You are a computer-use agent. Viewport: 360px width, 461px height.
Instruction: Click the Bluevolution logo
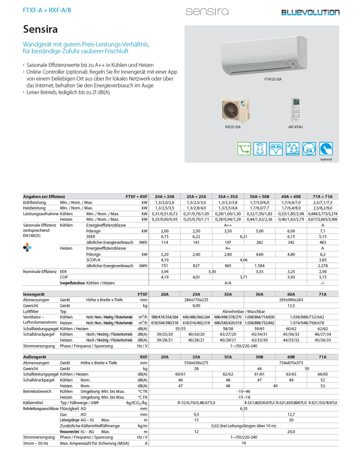pos(310,12)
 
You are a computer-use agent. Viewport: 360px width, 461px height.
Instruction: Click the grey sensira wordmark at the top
pos(207,12)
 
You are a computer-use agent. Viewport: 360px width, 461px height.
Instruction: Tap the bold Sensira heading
pos(40,29)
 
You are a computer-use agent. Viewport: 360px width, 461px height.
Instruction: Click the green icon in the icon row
pos(244,149)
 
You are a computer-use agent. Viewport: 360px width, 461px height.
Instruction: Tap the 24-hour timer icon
pos(309,149)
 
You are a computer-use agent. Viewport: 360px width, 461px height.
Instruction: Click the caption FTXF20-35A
pos(273,79)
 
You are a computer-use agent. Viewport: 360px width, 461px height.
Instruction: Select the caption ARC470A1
pos(295,127)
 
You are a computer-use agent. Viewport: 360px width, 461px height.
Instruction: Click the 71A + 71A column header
pos(323,196)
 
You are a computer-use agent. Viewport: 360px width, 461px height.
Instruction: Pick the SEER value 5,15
pos(323,237)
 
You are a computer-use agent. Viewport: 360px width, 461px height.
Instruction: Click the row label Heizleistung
pos(34,208)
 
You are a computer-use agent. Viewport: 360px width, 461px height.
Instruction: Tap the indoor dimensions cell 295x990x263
pos(291,300)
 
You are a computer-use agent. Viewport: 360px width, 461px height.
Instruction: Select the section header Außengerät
pos(34,357)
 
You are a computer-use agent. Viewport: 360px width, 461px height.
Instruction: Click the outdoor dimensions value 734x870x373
pos(291,363)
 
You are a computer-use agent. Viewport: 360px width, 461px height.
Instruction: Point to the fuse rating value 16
pos(244,443)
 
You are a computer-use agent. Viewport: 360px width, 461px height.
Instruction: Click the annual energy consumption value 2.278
pos(323,266)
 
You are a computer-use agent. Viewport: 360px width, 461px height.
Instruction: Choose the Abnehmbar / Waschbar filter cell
pos(244,312)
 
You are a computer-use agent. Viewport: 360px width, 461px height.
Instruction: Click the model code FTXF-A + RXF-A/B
pos(47,10)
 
